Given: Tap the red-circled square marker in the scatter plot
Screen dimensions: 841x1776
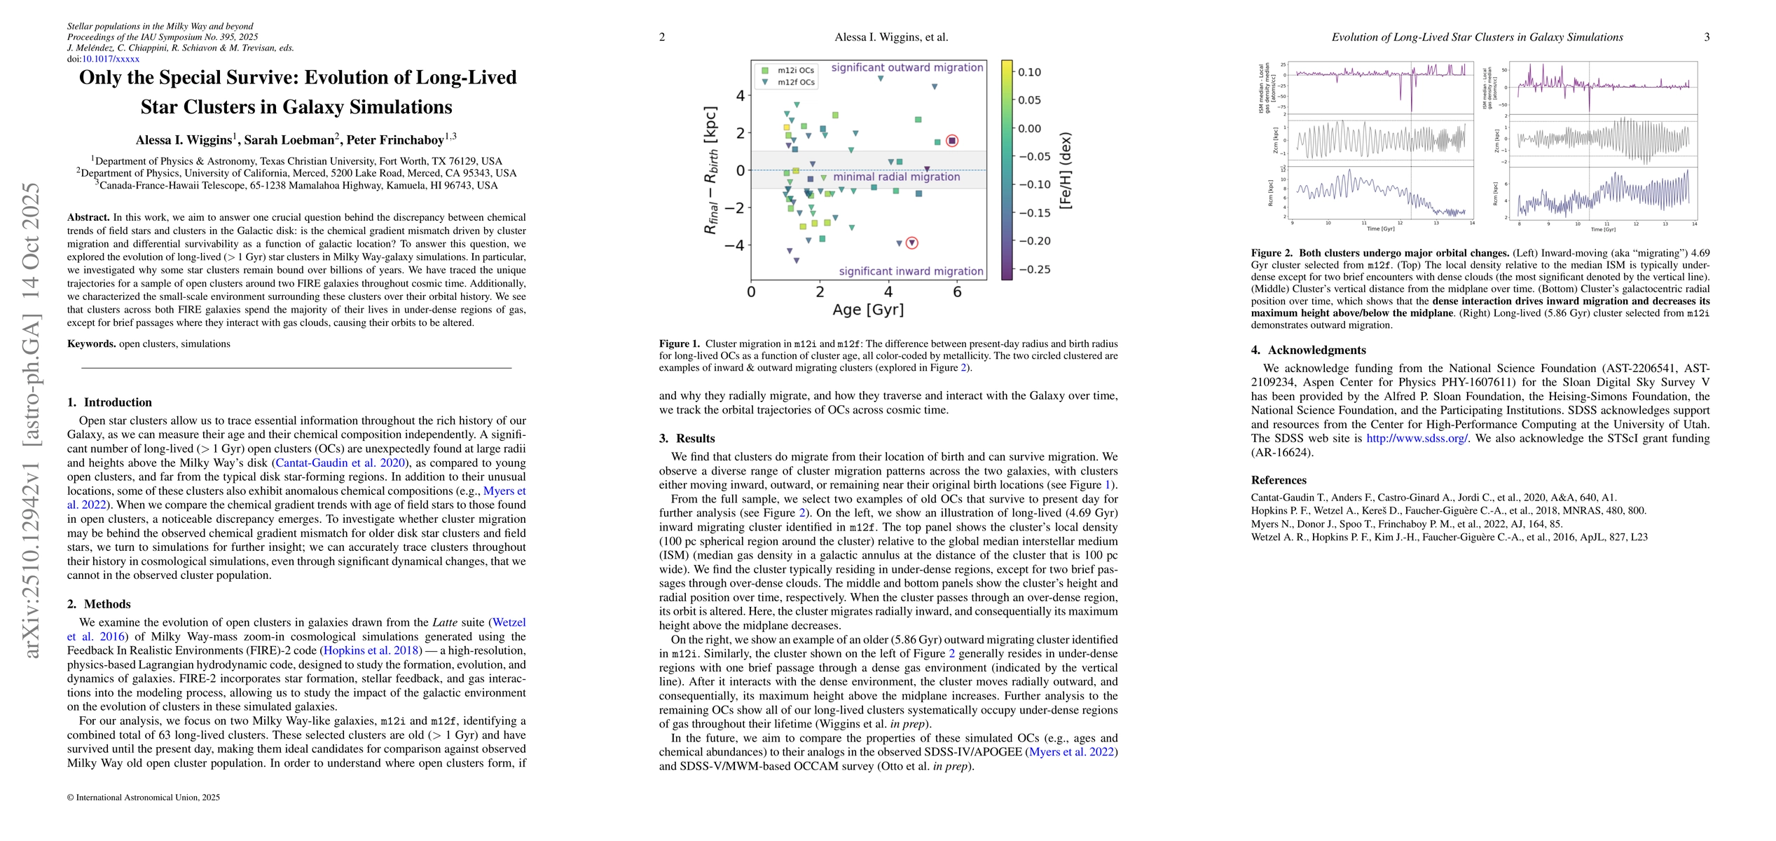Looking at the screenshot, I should [951, 141].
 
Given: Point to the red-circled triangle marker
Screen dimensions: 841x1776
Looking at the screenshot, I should [911, 243].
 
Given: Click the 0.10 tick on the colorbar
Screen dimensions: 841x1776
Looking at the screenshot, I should [1029, 72].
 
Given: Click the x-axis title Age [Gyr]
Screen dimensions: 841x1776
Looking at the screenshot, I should [868, 310].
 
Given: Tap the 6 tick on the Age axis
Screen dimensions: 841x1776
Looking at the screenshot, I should [957, 292].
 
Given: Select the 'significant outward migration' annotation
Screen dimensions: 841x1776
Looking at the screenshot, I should [907, 67].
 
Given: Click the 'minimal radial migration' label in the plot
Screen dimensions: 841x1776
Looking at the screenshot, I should [896, 177].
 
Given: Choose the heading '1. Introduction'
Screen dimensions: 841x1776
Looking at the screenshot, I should [109, 402].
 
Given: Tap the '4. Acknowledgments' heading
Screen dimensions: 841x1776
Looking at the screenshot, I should [1308, 350].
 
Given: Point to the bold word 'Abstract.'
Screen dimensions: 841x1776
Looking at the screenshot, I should [88, 217].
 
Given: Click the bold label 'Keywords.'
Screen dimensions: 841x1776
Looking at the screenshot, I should [92, 344].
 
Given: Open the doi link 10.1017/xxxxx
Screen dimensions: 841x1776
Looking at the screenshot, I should [111, 59].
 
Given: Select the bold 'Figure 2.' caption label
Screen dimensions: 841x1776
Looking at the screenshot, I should [1272, 253].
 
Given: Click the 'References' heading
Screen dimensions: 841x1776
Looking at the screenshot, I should [1279, 481].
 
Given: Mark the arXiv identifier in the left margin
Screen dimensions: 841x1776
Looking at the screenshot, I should [32, 420].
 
